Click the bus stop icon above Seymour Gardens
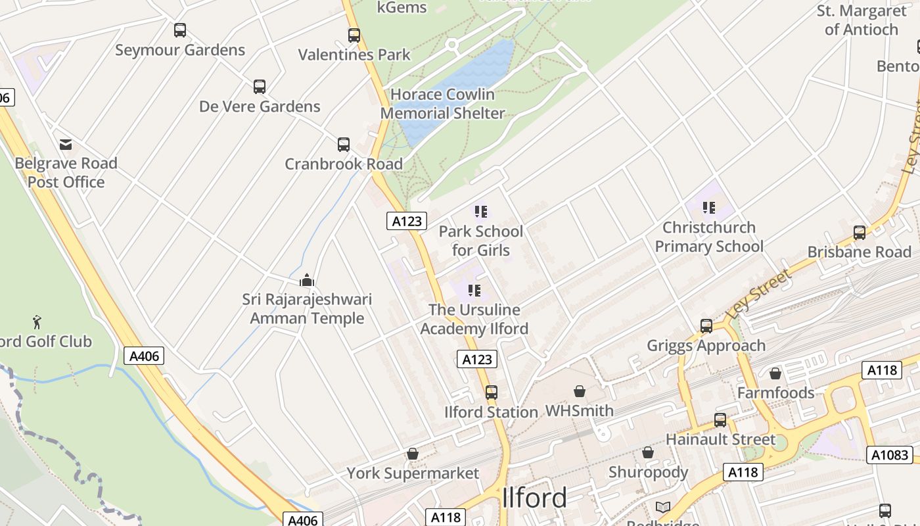tap(179, 30)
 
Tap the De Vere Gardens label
tap(260, 107)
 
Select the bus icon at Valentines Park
tap(354, 36)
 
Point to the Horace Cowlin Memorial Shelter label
tap(442, 104)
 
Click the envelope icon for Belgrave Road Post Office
tap(66, 145)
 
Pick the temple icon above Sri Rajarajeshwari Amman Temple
tap(307, 281)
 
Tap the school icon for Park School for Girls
tap(480, 212)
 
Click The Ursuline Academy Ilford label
tap(474, 319)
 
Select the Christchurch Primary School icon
tap(708, 208)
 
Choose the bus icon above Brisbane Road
tap(859, 233)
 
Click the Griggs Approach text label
tap(706, 346)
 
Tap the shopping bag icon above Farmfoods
tap(775, 373)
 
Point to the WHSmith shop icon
tap(579, 392)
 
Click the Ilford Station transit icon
tap(491, 393)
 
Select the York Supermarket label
tap(413, 473)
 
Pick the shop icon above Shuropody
tap(647, 453)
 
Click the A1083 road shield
tap(890, 454)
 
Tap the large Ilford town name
tap(534, 498)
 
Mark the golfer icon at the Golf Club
tap(37, 322)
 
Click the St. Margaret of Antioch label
tap(861, 20)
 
